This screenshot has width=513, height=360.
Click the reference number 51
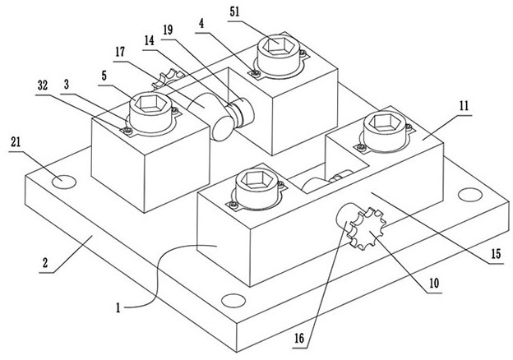pos(234,12)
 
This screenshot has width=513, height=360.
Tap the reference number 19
pos(169,30)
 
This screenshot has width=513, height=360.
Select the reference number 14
pos(149,40)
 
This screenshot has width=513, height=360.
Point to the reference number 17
pos(120,52)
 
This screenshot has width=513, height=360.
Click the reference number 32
pos(43,85)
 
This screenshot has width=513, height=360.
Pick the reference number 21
pos(16,142)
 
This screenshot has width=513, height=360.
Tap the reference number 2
pos(45,262)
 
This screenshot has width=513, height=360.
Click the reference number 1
pos(118,307)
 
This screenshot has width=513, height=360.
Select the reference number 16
pos(299,339)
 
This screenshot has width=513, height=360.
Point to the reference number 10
pos(434,284)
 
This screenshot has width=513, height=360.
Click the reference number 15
pos(497,254)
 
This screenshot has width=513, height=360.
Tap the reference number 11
pos(464,106)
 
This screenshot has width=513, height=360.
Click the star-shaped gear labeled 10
pos(367,228)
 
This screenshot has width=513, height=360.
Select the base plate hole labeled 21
pos(64,182)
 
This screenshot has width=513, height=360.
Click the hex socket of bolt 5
pos(150,103)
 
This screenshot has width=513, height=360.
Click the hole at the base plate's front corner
pos(233,301)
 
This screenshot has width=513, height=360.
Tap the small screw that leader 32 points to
pos(128,132)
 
